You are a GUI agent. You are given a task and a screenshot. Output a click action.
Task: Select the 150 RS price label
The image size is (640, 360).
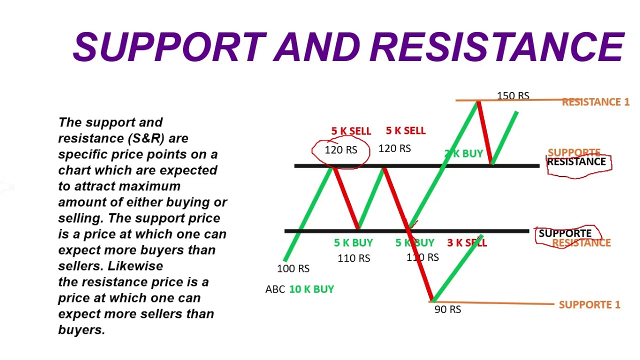click(x=513, y=95)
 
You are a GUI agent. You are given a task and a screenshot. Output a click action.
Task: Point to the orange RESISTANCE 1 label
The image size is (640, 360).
click(x=595, y=102)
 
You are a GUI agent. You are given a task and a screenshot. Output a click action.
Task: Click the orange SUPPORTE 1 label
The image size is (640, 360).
click(x=589, y=304)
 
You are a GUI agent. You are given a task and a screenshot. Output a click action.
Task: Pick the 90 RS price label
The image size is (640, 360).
click(x=447, y=309)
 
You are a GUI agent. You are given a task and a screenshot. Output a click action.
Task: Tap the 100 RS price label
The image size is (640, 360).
click(x=293, y=268)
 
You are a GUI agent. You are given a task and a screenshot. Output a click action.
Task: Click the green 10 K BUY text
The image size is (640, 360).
click(x=311, y=289)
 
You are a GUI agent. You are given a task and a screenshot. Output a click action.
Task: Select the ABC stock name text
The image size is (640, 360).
click(x=275, y=289)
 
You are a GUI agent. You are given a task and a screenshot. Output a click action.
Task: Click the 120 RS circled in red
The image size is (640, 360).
click(x=341, y=150)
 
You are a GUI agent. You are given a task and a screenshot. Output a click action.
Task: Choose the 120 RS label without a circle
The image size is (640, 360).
click(x=394, y=148)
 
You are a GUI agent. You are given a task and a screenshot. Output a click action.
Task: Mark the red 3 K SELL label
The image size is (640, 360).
click(x=466, y=243)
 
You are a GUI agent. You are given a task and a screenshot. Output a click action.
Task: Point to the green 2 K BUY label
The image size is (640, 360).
click(x=464, y=154)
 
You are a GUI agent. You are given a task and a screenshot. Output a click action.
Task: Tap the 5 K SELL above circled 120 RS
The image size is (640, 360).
click(x=351, y=131)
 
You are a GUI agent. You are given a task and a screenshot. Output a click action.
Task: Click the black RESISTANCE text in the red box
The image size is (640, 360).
click(x=576, y=162)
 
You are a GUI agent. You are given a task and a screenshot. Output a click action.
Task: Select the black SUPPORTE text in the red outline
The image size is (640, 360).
click(x=565, y=233)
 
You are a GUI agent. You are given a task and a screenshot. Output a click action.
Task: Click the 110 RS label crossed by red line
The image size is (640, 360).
click(x=422, y=257)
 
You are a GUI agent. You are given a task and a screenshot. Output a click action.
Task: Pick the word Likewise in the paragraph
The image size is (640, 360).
click(x=135, y=266)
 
